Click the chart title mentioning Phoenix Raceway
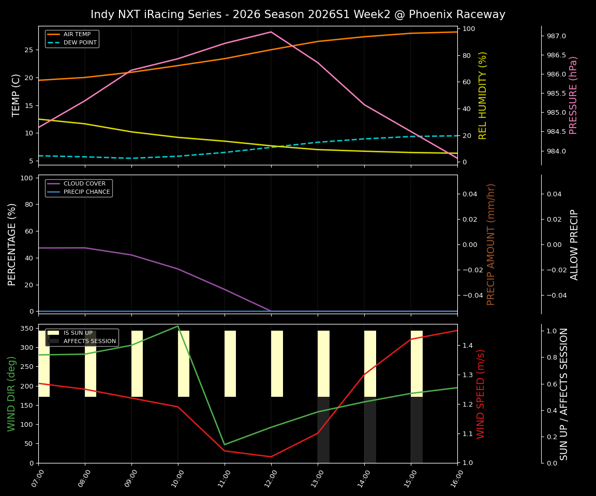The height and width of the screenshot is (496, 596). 297,14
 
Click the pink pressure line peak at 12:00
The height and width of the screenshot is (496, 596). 271,32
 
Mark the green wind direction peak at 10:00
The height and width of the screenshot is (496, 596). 178,326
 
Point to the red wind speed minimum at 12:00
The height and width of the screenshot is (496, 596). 271,457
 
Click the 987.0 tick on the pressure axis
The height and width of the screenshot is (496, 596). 553,36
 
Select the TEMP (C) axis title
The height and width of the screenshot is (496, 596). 17,95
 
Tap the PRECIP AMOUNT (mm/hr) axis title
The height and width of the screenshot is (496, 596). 491,244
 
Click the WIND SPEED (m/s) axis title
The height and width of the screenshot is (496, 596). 481,394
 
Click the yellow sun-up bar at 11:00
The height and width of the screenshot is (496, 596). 230,364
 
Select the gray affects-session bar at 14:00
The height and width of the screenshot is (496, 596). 370,430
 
